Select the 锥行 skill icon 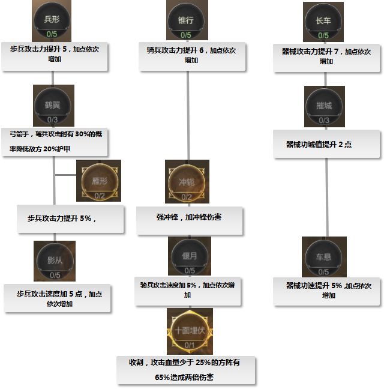[187, 20]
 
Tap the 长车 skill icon [323, 22]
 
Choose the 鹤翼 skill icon [54, 105]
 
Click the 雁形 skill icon [98, 180]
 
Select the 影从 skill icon [55, 260]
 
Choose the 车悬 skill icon [325, 258]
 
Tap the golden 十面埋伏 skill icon [190, 331]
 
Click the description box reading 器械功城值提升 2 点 [328, 145]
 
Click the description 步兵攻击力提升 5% [71, 219]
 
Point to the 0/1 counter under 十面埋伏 [190, 345]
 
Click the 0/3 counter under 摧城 [325, 120]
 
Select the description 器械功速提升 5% [328, 291]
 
